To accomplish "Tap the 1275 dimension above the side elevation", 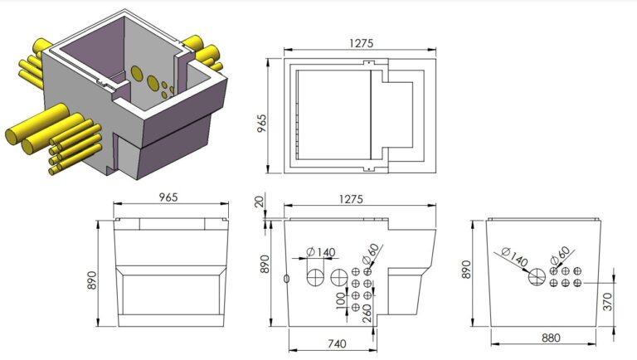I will point(358,199).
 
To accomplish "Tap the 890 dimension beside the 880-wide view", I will point(467,270).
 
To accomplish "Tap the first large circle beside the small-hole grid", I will point(338,276).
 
